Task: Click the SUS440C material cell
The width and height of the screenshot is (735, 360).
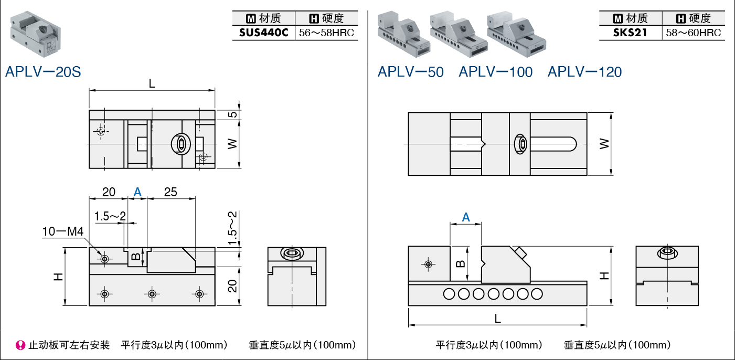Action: click(x=263, y=33)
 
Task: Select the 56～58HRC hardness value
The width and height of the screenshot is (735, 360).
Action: click(x=326, y=33)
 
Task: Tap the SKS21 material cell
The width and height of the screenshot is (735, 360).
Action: click(x=630, y=33)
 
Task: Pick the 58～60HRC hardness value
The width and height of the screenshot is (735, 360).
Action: click(x=693, y=33)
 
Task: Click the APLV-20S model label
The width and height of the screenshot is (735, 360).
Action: click(x=43, y=72)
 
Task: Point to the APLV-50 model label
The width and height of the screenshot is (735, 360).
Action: click(x=410, y=72)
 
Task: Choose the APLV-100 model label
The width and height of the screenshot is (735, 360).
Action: click(x=495, y=72)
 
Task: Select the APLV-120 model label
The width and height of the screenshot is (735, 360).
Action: click(x=584, y=72)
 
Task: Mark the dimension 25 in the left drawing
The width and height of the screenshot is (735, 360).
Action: click(x=171, y=192)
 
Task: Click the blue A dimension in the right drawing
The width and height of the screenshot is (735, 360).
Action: click(x=465, y=217)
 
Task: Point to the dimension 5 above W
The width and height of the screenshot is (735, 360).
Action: click(x=233, y=114)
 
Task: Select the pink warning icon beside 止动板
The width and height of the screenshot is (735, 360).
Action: click(x=20, y=345)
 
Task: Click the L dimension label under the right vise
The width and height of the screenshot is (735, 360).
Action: click(x=497, y=318)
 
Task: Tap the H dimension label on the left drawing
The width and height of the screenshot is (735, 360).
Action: click(x=58, y=277)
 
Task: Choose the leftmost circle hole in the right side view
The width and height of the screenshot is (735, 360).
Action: click(x=449, y=294)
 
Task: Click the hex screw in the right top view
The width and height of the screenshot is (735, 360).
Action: click(x=521, y=144)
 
